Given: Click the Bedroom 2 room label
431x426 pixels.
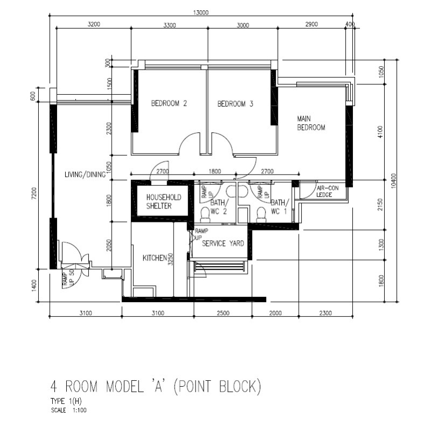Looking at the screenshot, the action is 169,103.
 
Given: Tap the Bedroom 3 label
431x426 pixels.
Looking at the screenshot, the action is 235,104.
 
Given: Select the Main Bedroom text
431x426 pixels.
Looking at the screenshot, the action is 311,123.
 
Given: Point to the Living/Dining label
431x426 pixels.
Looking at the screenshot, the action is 85,174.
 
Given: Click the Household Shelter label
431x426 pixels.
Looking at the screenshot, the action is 164,201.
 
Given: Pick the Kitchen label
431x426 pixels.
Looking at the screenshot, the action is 155,258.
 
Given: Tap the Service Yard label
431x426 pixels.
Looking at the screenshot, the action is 223,243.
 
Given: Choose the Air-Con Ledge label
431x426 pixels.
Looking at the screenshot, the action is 328,191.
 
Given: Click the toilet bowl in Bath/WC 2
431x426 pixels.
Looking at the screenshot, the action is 205,215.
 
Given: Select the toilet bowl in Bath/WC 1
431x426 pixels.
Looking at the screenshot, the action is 261,215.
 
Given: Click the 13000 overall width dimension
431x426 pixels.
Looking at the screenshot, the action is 201,12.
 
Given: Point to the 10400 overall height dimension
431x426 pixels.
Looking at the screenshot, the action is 394,180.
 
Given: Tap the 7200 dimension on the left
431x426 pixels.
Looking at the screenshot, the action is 34,193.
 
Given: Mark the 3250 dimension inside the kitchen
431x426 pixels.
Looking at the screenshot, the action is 171,259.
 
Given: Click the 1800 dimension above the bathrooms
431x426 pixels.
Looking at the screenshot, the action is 214,171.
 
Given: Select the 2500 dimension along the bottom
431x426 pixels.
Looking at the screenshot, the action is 223,313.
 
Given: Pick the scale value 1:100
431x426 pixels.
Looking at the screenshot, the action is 79,410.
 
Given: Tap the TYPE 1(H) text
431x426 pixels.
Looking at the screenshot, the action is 66,401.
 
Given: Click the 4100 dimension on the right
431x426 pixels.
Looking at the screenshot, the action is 380,132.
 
